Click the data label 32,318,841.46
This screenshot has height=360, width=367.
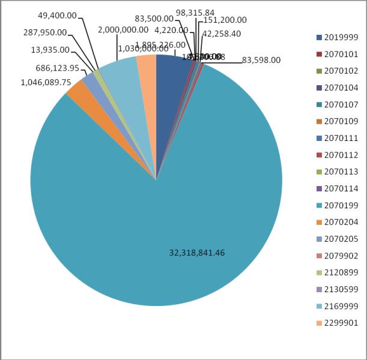tap(197, 253)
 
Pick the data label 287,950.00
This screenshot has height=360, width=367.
tap(45, 33)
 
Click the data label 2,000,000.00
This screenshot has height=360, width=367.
tap(123, 29)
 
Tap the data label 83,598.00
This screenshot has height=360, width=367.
tap(261, 60)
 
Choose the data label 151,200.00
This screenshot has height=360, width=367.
tap(225, 20)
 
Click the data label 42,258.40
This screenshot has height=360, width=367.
tap(222, 34)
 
